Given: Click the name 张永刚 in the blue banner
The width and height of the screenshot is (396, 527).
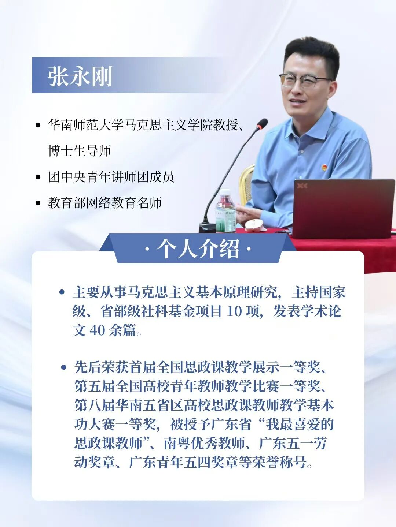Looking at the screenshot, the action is tap(80, 76).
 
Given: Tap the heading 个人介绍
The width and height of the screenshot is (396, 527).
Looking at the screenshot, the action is tap(198, 249).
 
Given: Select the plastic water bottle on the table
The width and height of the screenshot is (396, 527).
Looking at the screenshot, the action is tap(225, 211).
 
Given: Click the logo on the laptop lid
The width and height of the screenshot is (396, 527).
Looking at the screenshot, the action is tap(302, 186).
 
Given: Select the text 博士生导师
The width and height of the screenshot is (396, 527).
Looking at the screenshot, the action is tap(79, 151).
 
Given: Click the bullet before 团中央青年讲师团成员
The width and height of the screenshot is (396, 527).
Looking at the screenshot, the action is tap(38, 177).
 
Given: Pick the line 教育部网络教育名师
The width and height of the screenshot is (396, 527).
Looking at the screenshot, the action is tap(105, 203).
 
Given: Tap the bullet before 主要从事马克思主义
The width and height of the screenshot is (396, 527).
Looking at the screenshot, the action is tap(62, 292).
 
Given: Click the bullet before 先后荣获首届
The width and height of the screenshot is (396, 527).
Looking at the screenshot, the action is tap(64, 367).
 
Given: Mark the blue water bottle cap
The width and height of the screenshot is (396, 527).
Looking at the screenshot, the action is tap(225, 192).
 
